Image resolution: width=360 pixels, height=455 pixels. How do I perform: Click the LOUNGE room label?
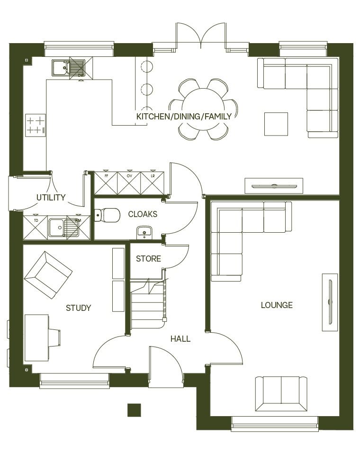tap(277, 305)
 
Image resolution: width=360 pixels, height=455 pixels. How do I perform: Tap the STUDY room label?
tap(78, 308)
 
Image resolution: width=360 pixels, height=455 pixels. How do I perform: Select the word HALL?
tap(180, 339)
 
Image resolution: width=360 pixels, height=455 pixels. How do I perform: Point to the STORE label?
tap(148, 259)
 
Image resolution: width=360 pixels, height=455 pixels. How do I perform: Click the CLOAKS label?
tap(143, 214)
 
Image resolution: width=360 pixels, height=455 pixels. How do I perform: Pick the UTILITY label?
tap(51, 197)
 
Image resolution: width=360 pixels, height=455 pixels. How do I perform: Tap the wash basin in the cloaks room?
tap(144, 232)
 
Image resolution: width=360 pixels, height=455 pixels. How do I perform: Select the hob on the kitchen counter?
tap(35, 125)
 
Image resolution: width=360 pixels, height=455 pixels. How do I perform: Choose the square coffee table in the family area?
tap(276, 124)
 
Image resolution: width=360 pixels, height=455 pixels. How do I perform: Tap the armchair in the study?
tap(48, 275)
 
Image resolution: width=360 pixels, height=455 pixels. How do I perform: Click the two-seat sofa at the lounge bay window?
tap(281, 393)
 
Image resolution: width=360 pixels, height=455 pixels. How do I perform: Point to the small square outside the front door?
tap(134, 410)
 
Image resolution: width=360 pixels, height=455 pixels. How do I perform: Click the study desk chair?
tap(54, 337)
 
